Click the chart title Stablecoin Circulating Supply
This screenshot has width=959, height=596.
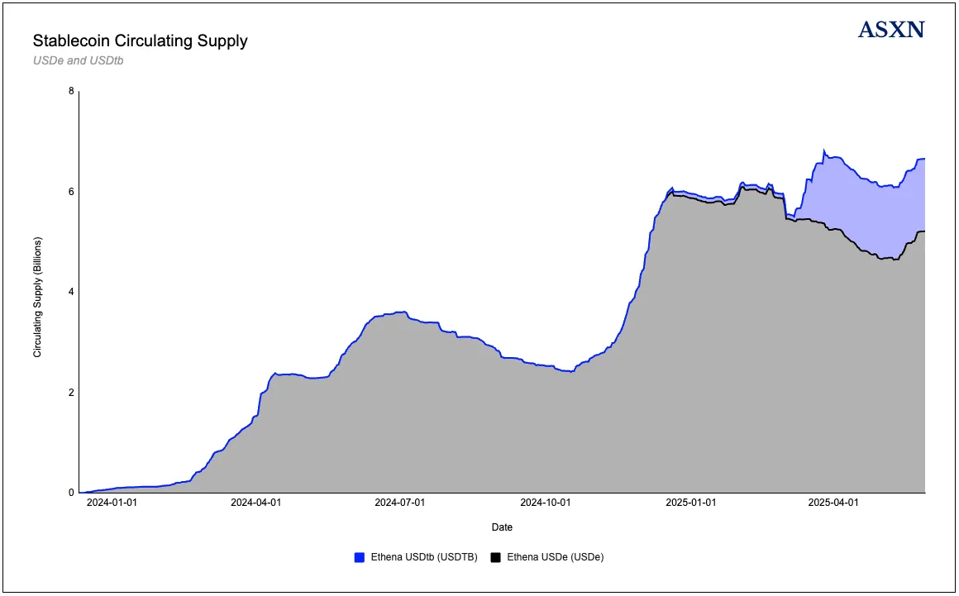coord(140,41)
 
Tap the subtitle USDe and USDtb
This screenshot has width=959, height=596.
coord(78,60)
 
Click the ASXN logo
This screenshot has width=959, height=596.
coord(891,31)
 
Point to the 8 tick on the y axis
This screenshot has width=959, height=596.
coord(71,91)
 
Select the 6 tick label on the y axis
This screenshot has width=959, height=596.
coord(71,192)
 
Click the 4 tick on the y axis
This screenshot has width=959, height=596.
coord(71,292)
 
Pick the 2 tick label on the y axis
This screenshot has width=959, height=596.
coord(71,393)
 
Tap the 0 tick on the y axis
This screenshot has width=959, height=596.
coord(71,493)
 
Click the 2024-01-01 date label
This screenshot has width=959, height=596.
coord(112,503)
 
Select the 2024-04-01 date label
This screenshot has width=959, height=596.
coord(255,503)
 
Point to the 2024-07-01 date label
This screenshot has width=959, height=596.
coord(400,503)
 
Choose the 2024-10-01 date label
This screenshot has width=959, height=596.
coord(546,503)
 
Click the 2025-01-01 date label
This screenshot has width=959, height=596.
coord(691,503)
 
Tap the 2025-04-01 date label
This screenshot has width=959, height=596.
coord(833,503)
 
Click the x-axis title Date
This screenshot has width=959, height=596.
coord(502,527)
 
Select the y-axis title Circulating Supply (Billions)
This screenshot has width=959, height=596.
coord(37,297)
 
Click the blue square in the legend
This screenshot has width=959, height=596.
coord(359,558)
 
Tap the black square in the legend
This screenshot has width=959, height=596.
coord(496,558)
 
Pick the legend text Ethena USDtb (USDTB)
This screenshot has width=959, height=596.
coord(422,558)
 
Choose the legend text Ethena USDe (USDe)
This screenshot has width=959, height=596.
coord(555,558)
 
